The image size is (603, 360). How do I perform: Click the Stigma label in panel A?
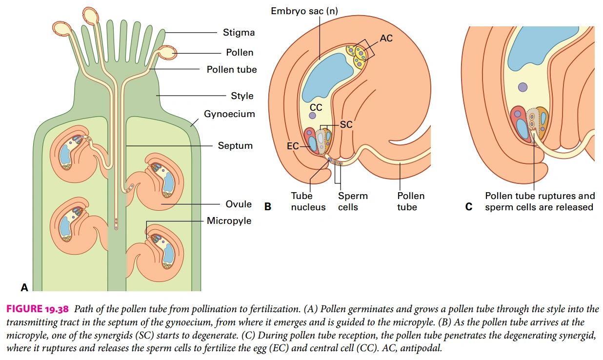point(239,33)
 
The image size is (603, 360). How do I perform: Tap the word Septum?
point(235,145)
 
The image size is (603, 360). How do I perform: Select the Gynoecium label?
point(229,114)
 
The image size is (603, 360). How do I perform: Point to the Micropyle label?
point(229,221)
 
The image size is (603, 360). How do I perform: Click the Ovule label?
point(239,204)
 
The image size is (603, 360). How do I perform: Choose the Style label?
point(242,96)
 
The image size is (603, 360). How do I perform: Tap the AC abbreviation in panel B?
point(386,38)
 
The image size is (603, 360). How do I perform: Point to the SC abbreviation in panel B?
point(346,125)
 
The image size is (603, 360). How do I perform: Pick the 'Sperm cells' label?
point(353,201)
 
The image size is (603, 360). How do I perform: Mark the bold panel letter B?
point(267,207)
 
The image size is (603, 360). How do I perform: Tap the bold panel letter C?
point(469,207)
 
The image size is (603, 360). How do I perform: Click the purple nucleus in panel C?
point(523,87)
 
